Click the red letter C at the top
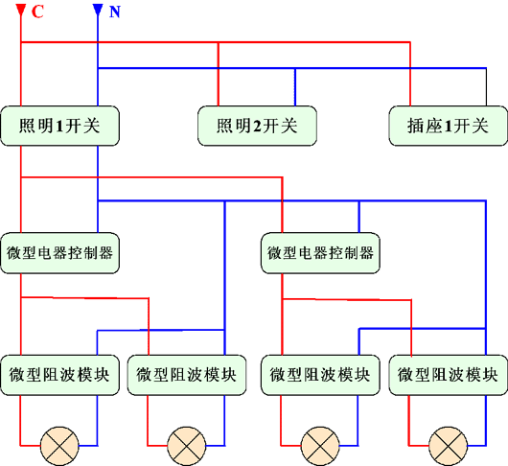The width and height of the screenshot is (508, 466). click(x=37, y=12)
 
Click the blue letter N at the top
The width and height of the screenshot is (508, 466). click(x=115, y=12)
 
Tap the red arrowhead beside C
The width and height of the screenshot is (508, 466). click(x=21, y=10)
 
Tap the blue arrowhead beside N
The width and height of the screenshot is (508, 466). click(x=98, y=10)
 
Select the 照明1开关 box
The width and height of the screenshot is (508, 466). click(x=60, y=126)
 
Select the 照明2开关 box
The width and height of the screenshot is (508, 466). click(x=257, y=126)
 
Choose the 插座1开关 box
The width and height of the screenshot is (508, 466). click(x=449, y=126)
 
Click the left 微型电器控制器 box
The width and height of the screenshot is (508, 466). click(x=60, y=253)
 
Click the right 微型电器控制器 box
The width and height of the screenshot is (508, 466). click(x=320, y=253)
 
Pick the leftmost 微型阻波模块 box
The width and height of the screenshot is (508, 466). click(x=60, y=375)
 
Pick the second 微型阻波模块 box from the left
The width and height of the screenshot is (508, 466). click(x=187, y=375)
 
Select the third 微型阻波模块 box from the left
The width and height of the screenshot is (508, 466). click(x=320, y=375)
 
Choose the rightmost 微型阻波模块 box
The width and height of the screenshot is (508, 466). click(x=449, y=375)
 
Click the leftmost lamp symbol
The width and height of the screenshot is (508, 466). click(x=59, y=446)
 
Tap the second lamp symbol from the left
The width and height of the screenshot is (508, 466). click(x=187, y=446)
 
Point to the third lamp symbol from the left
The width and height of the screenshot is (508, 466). click(x=320, y=446)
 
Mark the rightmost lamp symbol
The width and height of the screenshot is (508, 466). click(x=448, y=446)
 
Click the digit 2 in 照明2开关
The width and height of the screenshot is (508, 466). click(x=257, y=126)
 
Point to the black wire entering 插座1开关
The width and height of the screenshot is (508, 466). click(x=486, y=87)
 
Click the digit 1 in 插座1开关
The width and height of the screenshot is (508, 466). click(x=448, y=126)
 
